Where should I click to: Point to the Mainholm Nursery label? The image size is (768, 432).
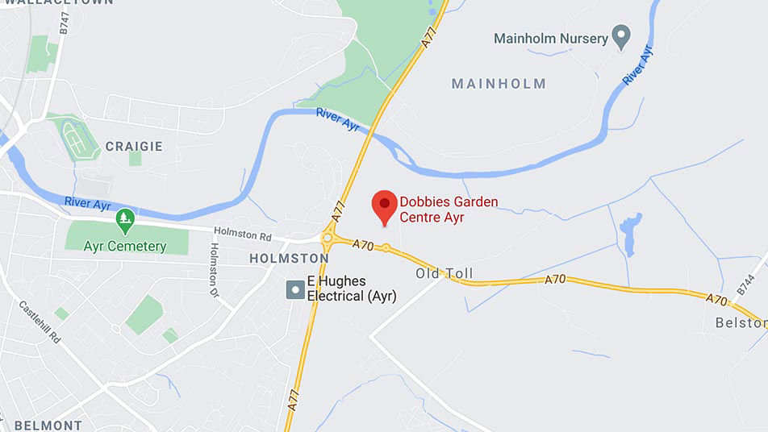tap(550, 38)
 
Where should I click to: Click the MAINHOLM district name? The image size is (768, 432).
tap(499, 84)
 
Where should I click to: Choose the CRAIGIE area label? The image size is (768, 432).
tap(133, 147)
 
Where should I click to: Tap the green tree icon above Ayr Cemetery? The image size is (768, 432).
tap(124, 218)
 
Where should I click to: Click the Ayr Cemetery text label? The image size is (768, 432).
tap(125, 246)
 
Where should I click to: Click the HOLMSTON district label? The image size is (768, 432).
tap(289, 259)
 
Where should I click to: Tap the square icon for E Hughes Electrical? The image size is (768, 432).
tap(295, 289)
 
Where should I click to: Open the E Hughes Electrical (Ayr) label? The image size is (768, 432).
tap(347, 289)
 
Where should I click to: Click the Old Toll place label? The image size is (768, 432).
tap(445, 274)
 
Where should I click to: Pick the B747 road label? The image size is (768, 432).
tap(65, 22)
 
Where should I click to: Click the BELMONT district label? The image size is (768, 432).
tap(48, 425)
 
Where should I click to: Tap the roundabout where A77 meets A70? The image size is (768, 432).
tap(328, 238)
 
